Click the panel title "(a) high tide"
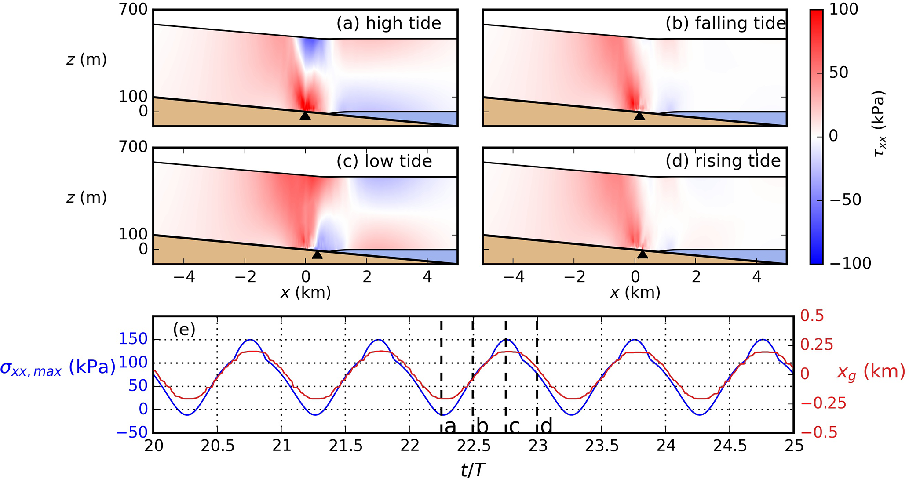pos(389,23)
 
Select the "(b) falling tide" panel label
pos(726,23)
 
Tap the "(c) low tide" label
pos(384,161)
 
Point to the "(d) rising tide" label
pos(723,161)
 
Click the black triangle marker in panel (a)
pos(305,116)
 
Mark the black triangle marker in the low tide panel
pos(317,254)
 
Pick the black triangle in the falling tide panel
pos(639,116)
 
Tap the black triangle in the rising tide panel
pos(643,254)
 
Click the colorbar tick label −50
pos(845,200)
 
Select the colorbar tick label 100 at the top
pos(843,9)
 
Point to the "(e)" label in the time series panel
pos(184,329)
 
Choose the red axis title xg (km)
pos(871,373)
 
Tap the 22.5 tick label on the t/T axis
pos(474,446)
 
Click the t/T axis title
pos(473,470)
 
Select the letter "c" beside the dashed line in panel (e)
pos(514,426)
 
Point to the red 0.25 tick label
pos(817,345)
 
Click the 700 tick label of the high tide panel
pos(133,9)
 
